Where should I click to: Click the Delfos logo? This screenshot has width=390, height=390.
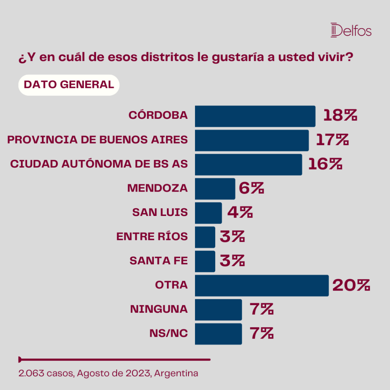351,30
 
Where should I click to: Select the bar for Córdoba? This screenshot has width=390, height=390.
255,116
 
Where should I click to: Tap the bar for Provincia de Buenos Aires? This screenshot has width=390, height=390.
252,140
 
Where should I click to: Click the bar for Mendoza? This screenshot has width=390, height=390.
215,189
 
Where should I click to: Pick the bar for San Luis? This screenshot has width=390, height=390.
208,213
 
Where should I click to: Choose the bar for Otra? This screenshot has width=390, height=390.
262,286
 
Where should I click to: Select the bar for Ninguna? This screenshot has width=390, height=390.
218,310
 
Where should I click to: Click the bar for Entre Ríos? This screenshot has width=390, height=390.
205,237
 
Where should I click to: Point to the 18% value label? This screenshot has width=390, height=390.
340,115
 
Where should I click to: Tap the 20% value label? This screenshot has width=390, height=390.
351,285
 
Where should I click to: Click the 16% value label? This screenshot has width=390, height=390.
325,164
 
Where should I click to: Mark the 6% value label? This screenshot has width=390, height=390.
251,188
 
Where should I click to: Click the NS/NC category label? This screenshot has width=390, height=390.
169,333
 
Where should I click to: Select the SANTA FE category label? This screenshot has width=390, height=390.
159,261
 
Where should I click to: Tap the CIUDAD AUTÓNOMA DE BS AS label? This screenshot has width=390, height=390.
99,164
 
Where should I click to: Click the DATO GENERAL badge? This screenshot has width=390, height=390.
69,85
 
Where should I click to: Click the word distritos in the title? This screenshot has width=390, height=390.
168,57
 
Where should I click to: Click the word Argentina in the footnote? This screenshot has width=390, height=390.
176,374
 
